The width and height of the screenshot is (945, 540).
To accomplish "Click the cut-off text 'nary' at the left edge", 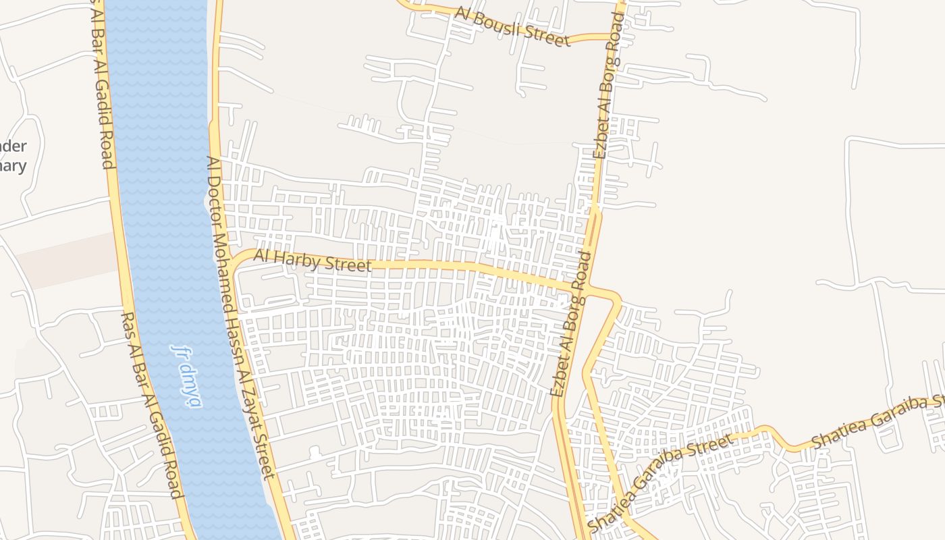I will coord(13,166).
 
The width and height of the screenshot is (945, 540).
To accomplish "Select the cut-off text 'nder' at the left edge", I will coord(13,146).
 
